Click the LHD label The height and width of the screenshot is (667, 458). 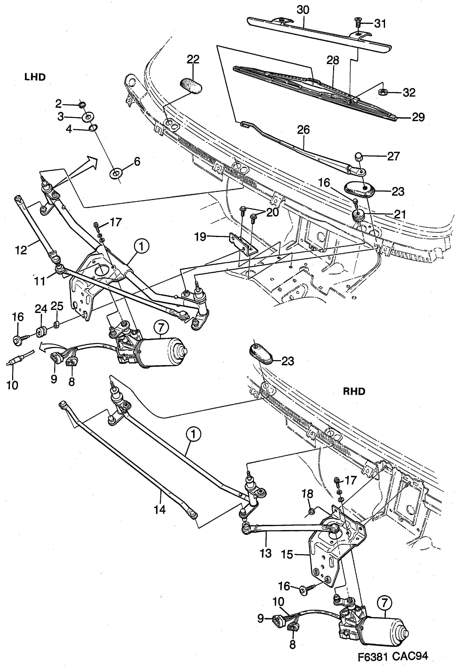click(x=35, y=77)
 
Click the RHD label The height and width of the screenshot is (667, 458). click(x=354, y=391)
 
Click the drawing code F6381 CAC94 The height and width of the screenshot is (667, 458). click(x=393, y=656)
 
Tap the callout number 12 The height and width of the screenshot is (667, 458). click(x=21, y=250)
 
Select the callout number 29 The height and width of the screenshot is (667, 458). click(x=418, y=117)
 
